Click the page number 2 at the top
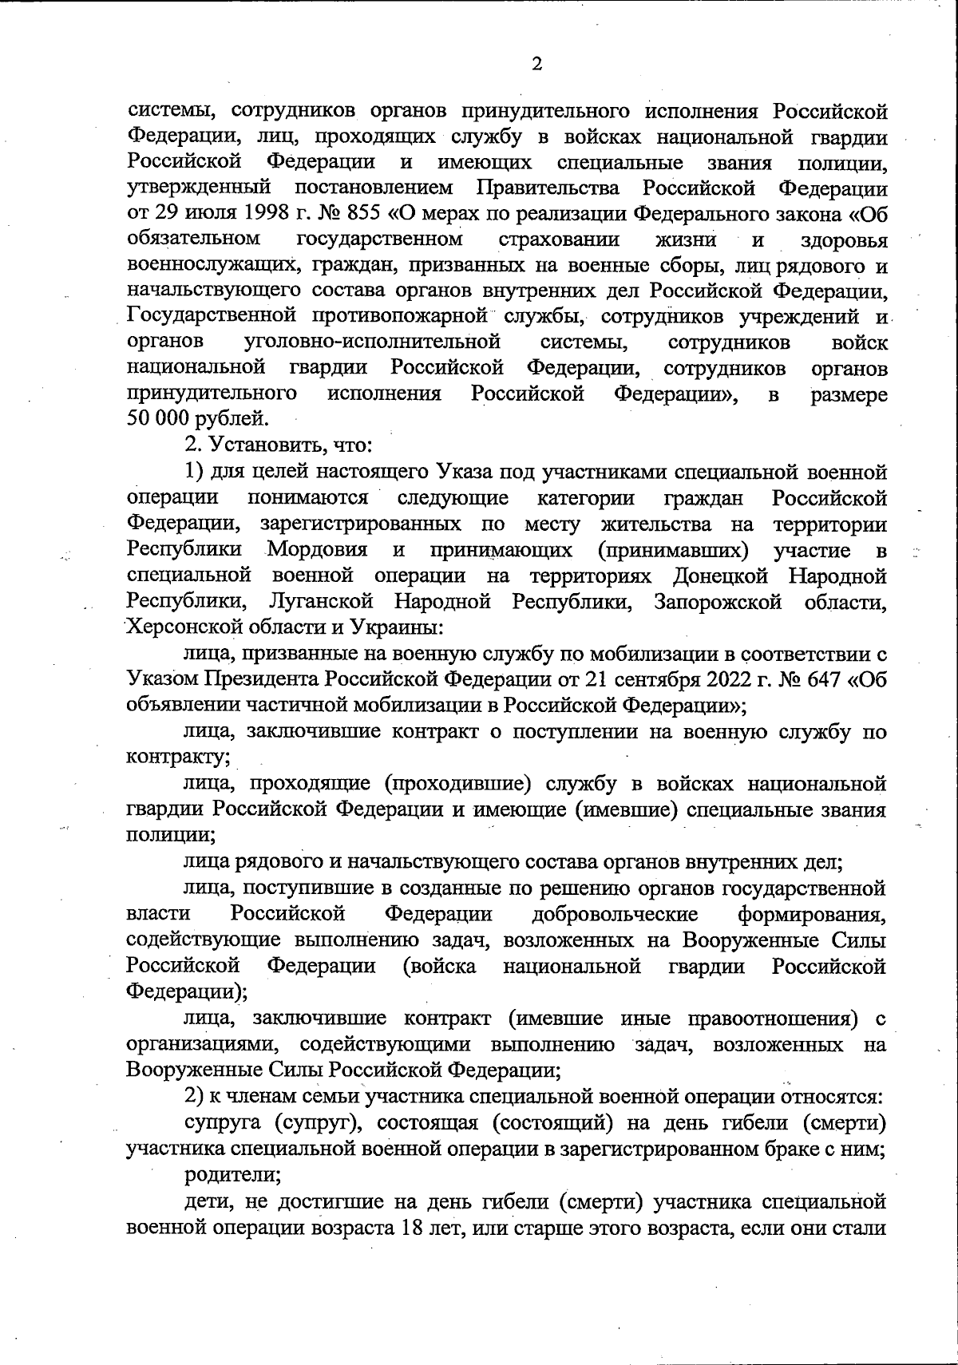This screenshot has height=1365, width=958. tap(536, 65)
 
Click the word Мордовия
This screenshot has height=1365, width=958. tap(317, 550)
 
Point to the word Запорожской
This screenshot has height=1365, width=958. tap(718, 601)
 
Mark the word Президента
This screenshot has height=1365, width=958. tap(262, 680)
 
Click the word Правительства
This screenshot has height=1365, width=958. tap(548, 189)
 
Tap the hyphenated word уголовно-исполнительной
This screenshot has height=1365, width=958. tap(372, 343)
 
